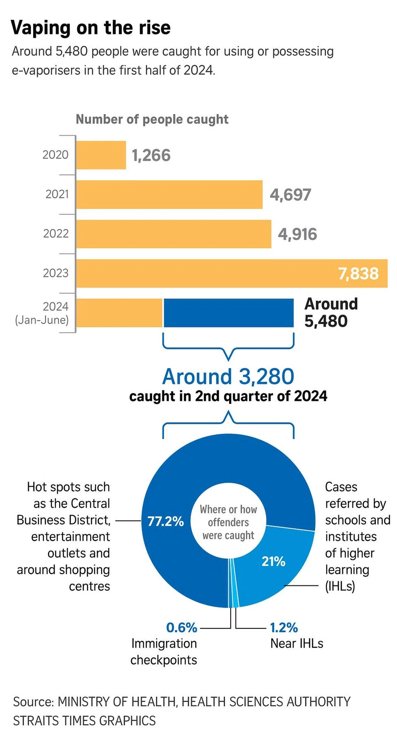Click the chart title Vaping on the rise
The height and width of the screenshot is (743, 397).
[91, 28]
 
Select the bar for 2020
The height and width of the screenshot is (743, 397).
[101, 155]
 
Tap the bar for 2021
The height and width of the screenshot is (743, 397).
[169, 195]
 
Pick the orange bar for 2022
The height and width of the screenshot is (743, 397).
[174, 234]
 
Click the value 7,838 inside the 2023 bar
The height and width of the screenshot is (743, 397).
[358, 274]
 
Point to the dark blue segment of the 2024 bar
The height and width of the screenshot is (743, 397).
[228, 313]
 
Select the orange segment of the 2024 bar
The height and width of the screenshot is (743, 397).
[120, 313]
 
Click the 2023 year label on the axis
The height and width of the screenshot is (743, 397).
[55, 273]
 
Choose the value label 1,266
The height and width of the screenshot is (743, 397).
[151, 156]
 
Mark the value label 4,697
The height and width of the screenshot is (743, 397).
[290, 195]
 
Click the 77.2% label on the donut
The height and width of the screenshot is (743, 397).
[165, 521]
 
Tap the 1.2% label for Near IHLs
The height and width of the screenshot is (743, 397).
[284, 628]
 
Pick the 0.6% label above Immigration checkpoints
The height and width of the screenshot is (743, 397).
[182, 628]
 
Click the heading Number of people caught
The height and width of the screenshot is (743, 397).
[152, 119]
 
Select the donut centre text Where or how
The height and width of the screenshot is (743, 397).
[228, 509]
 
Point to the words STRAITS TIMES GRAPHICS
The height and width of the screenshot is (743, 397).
[84, 721]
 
